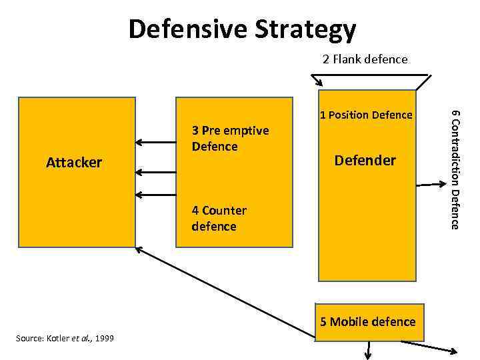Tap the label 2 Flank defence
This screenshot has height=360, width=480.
365,59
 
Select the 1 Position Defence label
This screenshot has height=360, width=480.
366,115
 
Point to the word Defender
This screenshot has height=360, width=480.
365,161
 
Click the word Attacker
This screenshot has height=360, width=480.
74,163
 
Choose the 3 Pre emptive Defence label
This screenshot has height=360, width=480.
230,138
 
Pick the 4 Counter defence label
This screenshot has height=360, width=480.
219,218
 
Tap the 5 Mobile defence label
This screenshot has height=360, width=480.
367,322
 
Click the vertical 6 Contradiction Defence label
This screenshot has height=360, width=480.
455,169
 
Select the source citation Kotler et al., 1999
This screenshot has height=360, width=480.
64,339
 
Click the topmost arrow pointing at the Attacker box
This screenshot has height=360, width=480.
153,142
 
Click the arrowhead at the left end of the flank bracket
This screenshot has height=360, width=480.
319,84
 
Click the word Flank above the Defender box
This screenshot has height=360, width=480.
347,59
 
